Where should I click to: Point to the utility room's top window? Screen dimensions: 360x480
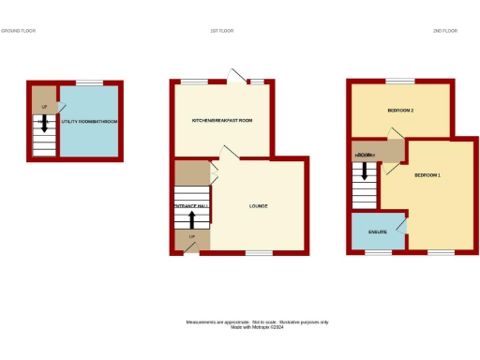tap(89, 82)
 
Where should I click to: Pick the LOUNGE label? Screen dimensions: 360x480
tap(258, 206)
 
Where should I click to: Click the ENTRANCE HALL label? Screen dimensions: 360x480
tap(191, 205)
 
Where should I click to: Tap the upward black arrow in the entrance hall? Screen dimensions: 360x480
tap(192, 219)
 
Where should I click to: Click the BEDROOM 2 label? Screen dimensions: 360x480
tap(400, 111)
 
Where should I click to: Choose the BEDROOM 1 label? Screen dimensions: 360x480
tap(427, 175)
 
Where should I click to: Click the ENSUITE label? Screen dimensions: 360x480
tap(378, 231)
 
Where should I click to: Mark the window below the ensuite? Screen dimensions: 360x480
tap(378, 252)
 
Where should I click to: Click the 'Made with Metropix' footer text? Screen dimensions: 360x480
tap(255, 326)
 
